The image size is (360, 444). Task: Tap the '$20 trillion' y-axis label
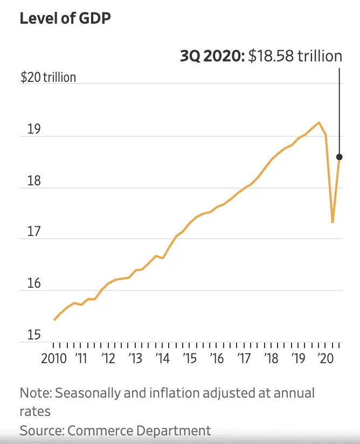(48, 77)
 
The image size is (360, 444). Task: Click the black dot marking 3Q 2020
(340, 157)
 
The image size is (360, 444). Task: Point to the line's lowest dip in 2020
(333, 222)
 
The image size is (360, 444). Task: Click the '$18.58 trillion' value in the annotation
(295, 56)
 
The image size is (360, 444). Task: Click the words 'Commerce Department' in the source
(139, 431)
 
